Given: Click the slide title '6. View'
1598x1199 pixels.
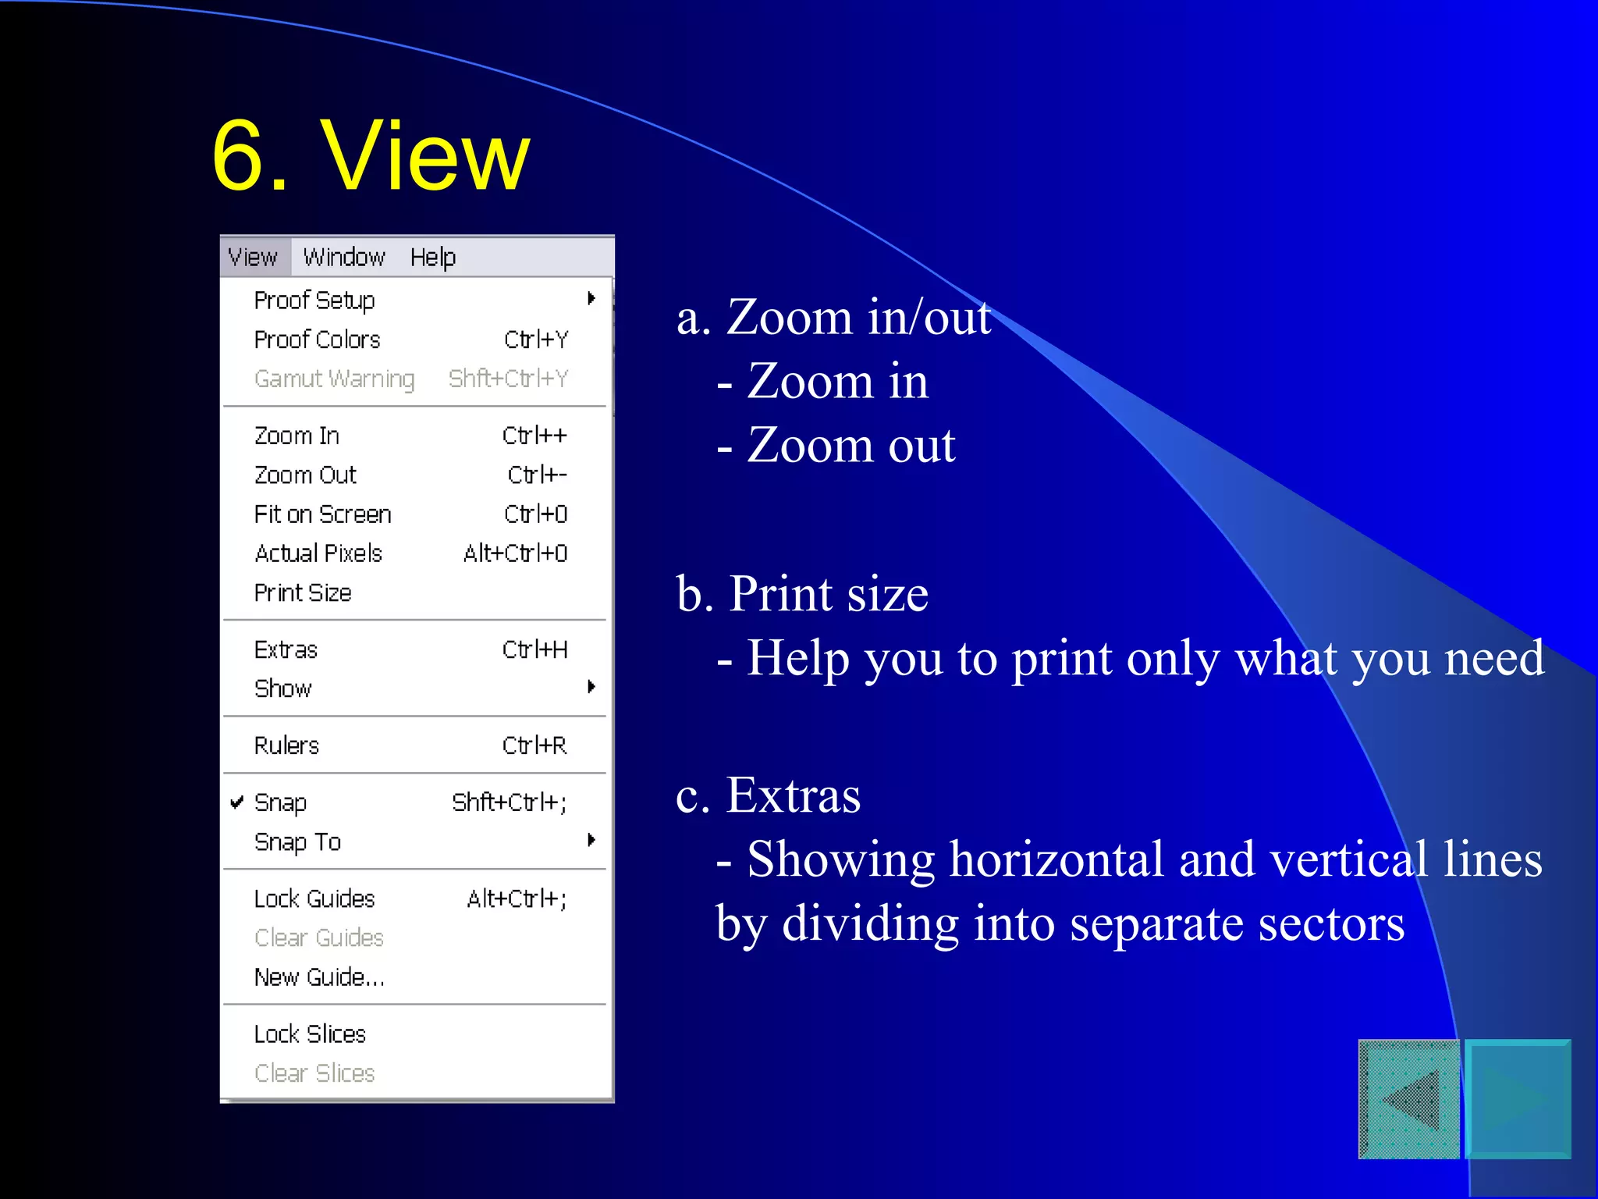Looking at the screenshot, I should (x=371, y=155).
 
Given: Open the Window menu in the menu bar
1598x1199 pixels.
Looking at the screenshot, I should (x=344, y=257).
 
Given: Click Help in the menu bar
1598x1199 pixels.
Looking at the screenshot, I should (x=432, y=257).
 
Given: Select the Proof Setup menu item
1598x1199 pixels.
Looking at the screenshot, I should (x=314, y=301).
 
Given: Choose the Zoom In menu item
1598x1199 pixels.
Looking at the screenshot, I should (x=297, y=436).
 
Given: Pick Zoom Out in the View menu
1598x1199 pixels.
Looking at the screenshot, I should (x=305, y=475).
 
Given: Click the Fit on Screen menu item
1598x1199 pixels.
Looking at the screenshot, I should (x=322, y=514).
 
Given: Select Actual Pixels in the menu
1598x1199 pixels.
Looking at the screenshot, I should (x=318, y=553).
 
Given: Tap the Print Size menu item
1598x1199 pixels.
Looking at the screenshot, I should (x=303, y=593).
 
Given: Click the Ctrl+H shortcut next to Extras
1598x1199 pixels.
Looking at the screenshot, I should (x=534, y=649).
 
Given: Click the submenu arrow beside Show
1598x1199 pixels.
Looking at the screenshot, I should (x=591, y=687).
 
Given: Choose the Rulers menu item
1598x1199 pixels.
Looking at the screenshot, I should (x=286, y=745).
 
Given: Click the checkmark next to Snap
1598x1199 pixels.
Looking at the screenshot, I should (x=237, y=802).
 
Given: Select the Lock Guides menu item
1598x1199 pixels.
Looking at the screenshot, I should (x=314, y=899).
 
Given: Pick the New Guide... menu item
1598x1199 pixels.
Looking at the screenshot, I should (x=319, y=977).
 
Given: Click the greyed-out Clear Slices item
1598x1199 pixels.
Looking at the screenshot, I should (x=314, y=1073).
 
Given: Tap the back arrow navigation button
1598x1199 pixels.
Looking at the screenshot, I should (x=1409, y=1099).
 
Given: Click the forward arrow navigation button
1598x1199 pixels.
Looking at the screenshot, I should (x=1518, y=1099).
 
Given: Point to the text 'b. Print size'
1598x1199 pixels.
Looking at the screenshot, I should (x=802, y=594).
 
